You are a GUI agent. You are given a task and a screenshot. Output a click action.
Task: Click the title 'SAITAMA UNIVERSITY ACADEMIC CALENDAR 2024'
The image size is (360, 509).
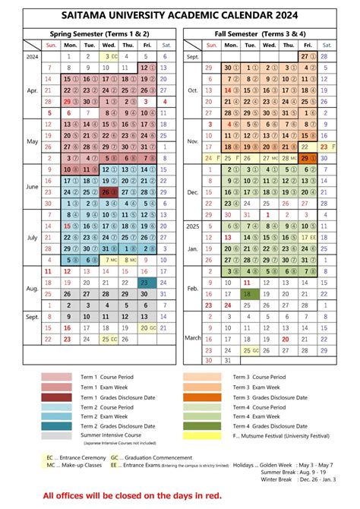(x=180, y=15)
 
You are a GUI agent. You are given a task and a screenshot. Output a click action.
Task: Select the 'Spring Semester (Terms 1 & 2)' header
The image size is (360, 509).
(x=99, y=34)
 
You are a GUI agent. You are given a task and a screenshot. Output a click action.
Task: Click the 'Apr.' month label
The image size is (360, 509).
(x=32, y=90)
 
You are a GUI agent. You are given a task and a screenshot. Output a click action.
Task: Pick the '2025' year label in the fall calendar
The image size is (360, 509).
(x=193, y=226)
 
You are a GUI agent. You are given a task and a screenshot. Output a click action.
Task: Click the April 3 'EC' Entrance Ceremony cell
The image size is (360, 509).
(x=109, y=56)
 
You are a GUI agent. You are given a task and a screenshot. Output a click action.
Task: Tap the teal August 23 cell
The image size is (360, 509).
(x=146, y=283)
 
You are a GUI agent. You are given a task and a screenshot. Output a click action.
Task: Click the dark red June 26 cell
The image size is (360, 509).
(x=109, y=192)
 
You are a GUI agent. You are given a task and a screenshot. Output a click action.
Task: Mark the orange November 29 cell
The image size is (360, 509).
(x=308, y=158)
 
